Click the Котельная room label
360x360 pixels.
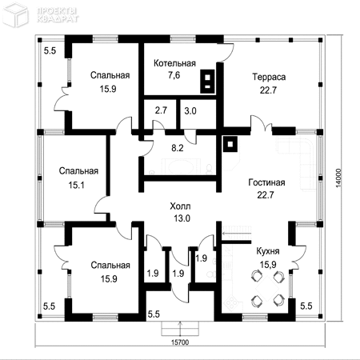tap(174, 63)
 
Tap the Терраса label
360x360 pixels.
tap(269, 77)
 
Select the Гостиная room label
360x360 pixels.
tap(266, 182)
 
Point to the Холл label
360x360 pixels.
tap(180, 206)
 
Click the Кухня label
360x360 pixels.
tap(268, 251)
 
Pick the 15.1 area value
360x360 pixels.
tap(76, 185)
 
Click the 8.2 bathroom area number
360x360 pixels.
tap(178, 148)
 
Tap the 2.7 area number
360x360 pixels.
tap(161, 110)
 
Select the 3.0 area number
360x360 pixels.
tap(190, 111)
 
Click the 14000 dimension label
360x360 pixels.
tap(338, 178)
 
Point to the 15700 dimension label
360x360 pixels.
tap(180, 342)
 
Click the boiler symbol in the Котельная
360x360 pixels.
tap(207, 82)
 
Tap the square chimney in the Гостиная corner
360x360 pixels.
tap(230, 144)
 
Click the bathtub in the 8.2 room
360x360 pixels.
tap(182, 166)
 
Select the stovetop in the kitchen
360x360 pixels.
tap(230, 302)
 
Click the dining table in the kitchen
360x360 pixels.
tap(267, 289)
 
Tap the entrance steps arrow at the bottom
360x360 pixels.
tap(180, 329)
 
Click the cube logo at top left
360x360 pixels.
tap(15, 15)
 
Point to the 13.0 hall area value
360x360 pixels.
tap(182, 218)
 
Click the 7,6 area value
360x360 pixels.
tap(174, 75)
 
